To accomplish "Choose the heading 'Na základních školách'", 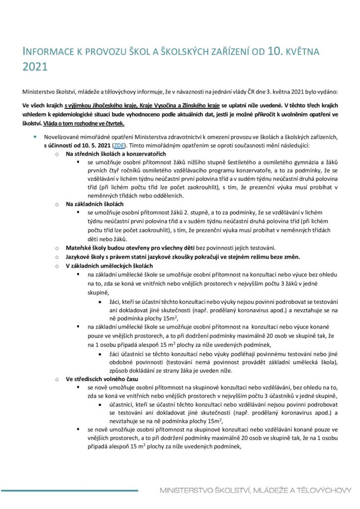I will tap(92, 204).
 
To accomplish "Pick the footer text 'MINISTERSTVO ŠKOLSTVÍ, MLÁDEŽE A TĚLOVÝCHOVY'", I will tap(256, 491).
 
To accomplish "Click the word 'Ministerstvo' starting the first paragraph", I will tap(40, 91).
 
